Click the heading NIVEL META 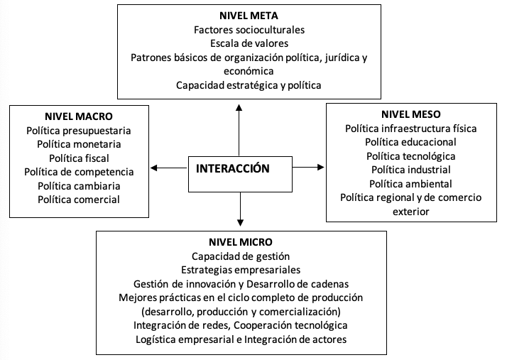(x=249, y=16)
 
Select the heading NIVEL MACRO (x=79, y=116)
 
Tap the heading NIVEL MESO (x=411, y=114)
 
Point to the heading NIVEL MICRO (x=241, y=242)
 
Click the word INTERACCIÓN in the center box (x=233, y=168)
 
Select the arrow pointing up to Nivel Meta (x=239, y=130)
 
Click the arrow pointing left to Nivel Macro (x=169, y=168)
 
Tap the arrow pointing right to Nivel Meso (x=308, y=168)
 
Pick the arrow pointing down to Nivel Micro (x=240, y=209)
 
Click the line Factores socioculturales (x=249, y=30)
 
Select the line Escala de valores (x=249, y=43)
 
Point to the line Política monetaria (x=79, y=144)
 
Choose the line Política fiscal (x=79, y=158)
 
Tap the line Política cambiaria (x=79, y=186)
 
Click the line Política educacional (x=410, y=142)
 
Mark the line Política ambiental (x=410, y=184)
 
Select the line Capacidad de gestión (x=241, y=256)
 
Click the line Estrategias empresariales (x=241, y=270)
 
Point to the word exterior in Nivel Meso (x=411, y=212)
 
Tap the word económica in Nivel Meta (x=249, y=71)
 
